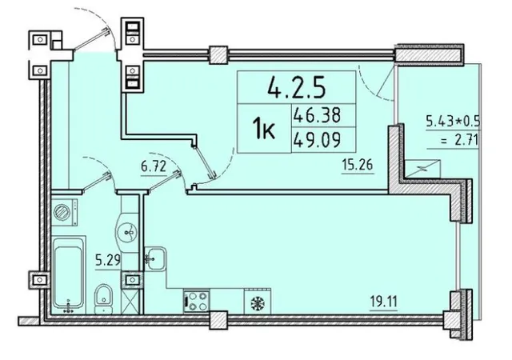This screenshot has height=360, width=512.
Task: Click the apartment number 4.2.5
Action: (296, 87)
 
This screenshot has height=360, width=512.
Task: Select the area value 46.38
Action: (317, 115)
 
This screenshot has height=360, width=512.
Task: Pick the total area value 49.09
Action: (317, 140)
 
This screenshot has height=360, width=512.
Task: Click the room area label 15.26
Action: (358, 165)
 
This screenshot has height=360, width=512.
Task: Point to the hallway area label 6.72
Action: (154, 167)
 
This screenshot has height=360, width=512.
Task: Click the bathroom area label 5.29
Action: (108, 261)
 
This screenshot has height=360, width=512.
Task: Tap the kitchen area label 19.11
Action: (384, 302)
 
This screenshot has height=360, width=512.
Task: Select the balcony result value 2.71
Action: (465, 141)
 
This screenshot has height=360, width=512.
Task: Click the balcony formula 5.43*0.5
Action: (453, 121)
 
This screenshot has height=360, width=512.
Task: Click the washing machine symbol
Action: (65, 212)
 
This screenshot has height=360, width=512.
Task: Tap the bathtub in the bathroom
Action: (69, 274)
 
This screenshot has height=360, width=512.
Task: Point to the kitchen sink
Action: (154, 258)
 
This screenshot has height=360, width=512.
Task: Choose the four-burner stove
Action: (197, 302)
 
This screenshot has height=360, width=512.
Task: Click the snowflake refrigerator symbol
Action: (258, 304)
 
